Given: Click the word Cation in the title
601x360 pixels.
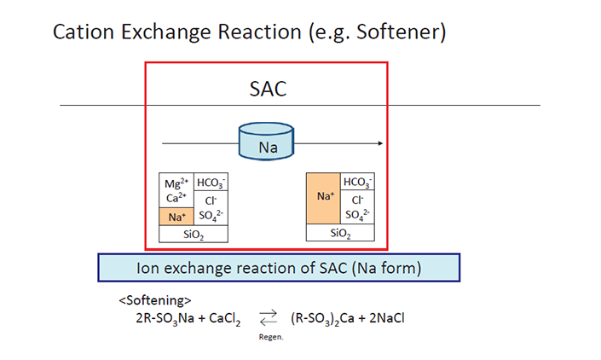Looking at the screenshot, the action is click(84, 32).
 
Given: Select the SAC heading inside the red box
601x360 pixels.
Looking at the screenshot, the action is click(268, 89).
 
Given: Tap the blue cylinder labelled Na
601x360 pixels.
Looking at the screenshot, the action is click(266, 141).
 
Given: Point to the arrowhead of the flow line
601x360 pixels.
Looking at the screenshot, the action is click(380, 143).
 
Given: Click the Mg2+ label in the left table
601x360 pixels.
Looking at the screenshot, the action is click(176, 183).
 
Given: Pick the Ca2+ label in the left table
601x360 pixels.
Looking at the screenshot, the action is click(176, 198).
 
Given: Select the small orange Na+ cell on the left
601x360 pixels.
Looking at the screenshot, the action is click(176, 217).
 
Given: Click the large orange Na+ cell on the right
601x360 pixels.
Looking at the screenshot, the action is click(323, 198).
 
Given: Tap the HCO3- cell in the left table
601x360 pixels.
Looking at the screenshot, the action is click(211, 182).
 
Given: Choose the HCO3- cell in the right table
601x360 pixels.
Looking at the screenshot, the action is click(357, 182).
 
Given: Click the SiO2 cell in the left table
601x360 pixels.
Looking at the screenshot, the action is click(194, 234).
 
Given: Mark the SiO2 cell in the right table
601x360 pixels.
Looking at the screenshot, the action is click(340, 233).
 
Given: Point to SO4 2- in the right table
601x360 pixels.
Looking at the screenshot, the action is click(357, 215).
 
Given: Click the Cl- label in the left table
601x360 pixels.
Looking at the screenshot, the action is click(211, 200).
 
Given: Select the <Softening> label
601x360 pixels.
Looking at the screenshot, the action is click(155, 300).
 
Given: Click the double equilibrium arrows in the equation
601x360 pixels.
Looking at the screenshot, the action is click(268, 318).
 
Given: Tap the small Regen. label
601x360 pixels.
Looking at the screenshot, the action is click(271, 337).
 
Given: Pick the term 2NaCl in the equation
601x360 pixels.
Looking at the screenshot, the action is click(387, 318).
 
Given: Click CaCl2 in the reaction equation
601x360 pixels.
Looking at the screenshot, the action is click(224, 319).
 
